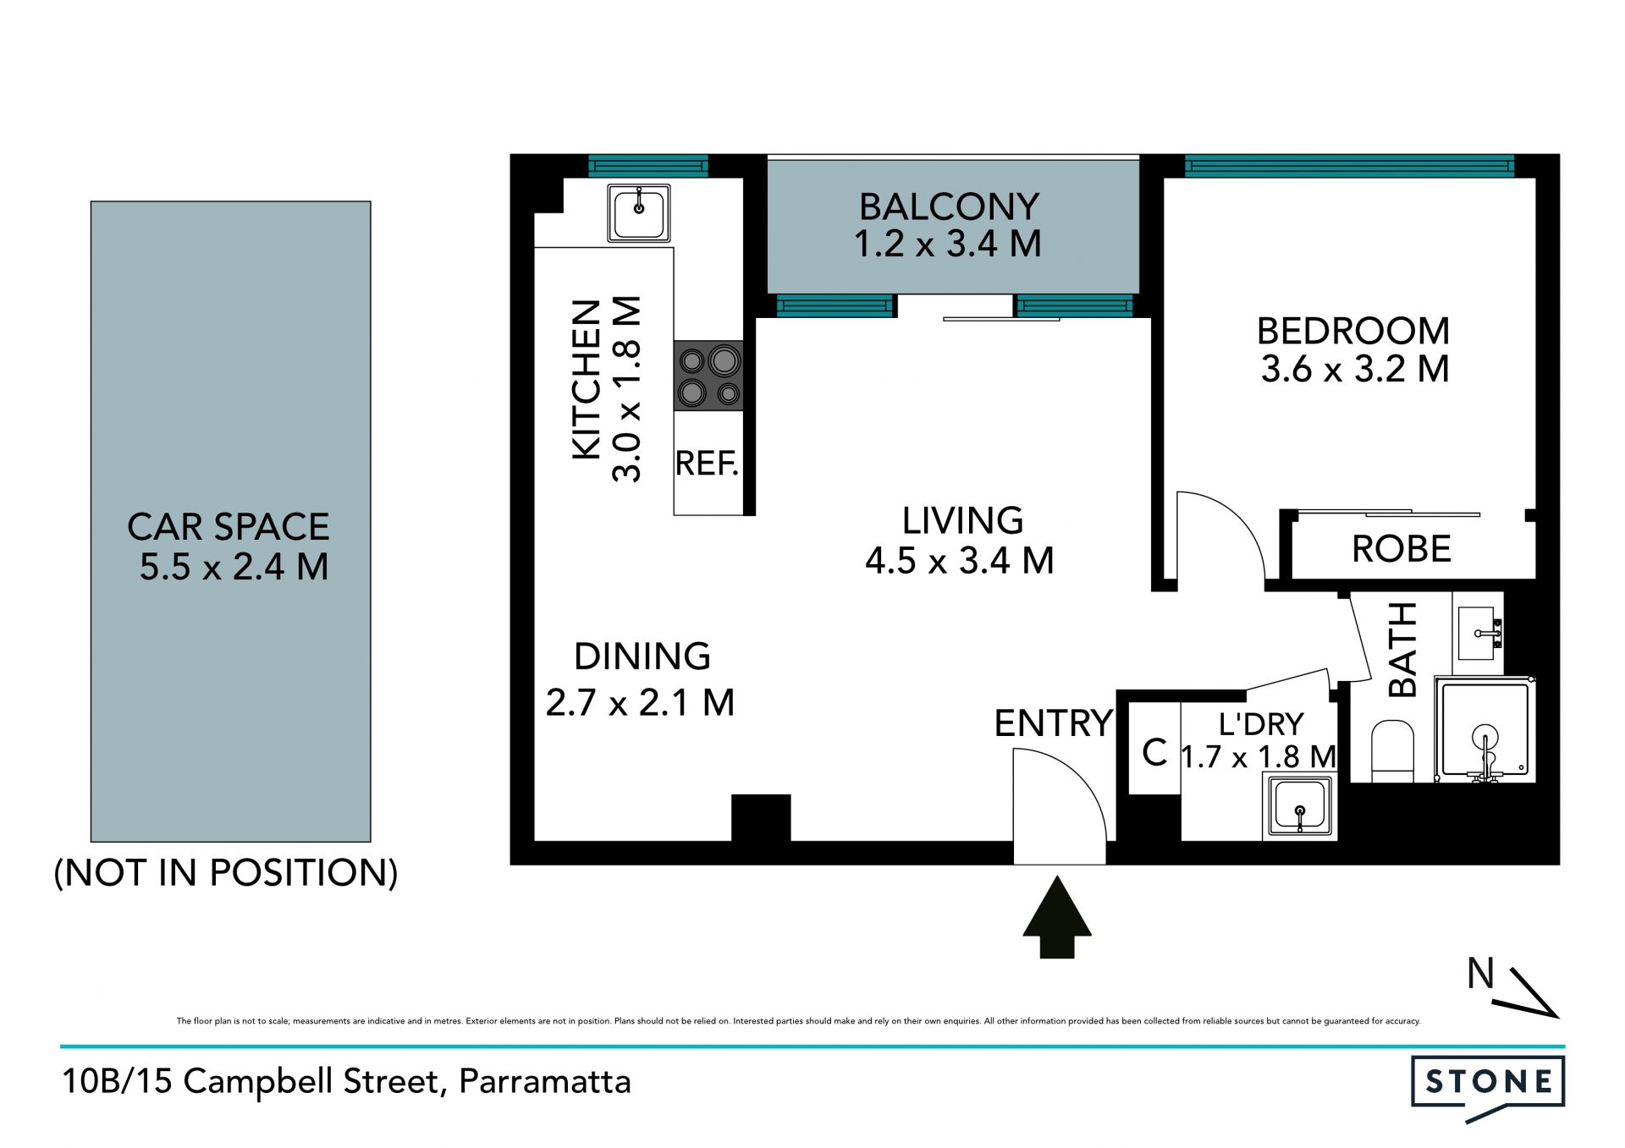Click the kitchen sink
coord(639,213)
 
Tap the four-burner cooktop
coord(708,376)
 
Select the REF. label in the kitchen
coord(707,464)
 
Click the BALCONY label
coord(950,206)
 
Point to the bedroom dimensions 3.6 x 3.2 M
coord(1355,369)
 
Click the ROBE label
coord(1402,549)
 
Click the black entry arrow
coord(1057,917)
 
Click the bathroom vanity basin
coord(1478,633)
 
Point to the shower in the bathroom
coord(1485,729)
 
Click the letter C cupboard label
coord(1154,752)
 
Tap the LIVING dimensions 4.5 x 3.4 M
coord(960,561)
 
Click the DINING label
coord(642,656)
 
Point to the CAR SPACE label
coord(229,527)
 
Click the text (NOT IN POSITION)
coord(226,873)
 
